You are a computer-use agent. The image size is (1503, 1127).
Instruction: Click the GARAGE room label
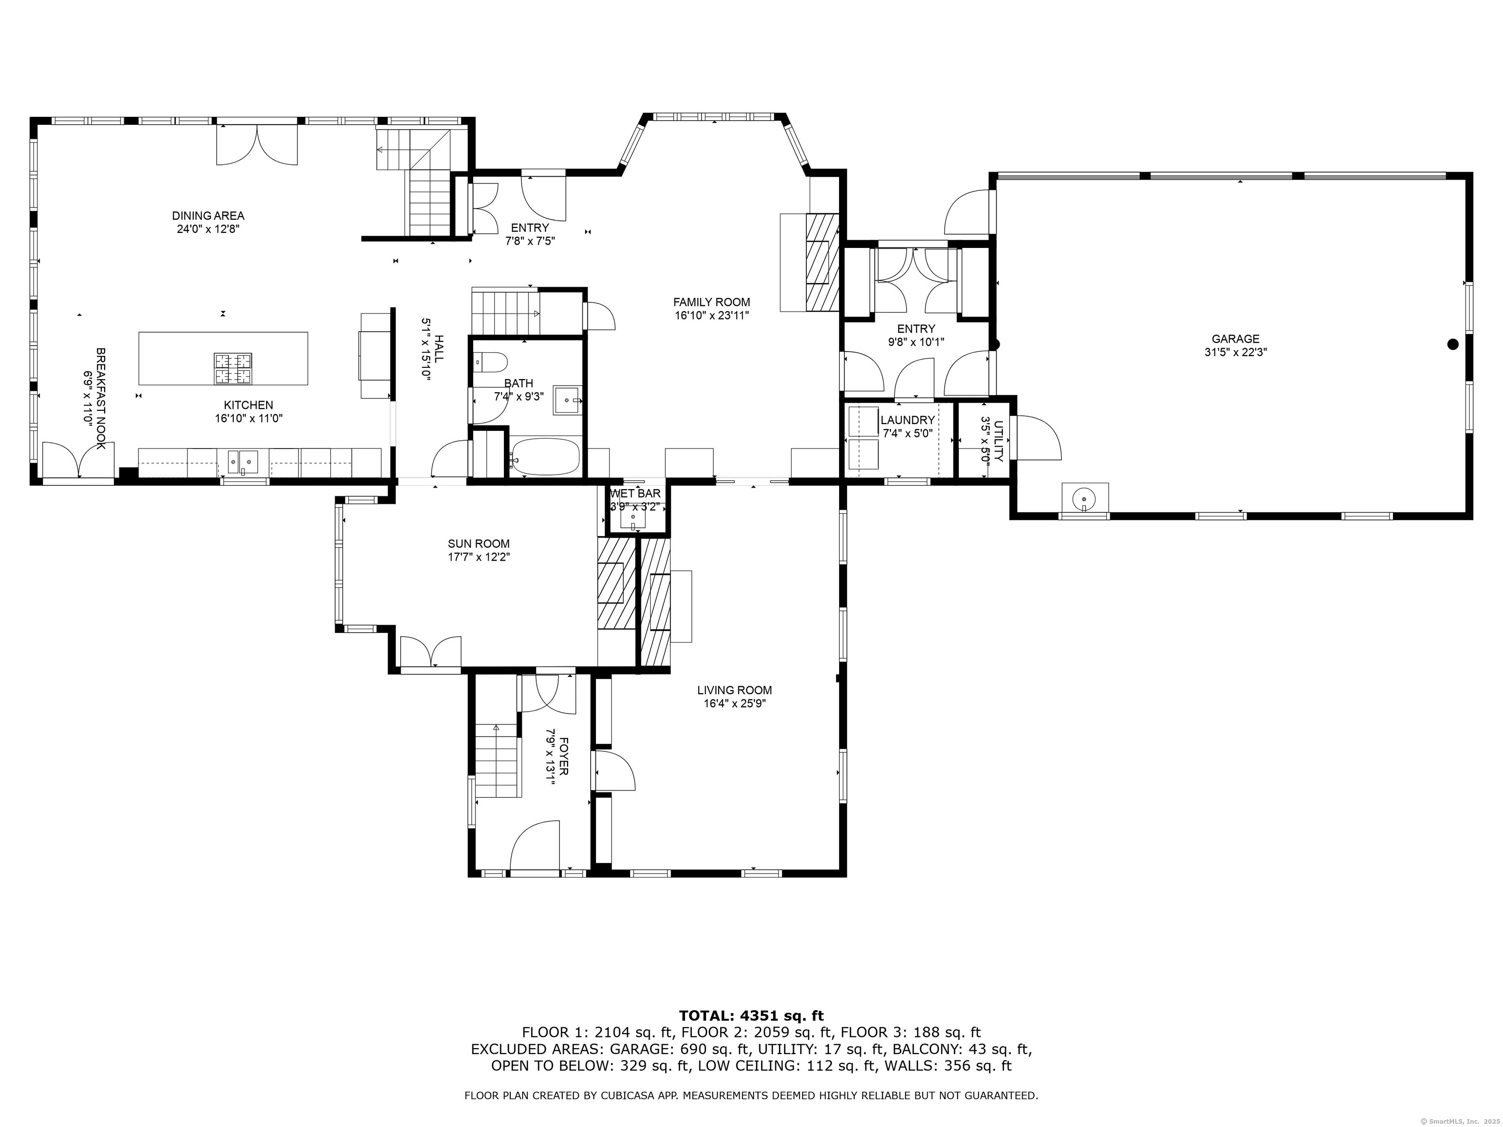[x=1235, y=339]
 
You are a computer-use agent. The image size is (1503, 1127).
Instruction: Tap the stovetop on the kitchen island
[x=232, y=370]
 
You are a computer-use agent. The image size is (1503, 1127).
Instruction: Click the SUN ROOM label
[x=478, y=544]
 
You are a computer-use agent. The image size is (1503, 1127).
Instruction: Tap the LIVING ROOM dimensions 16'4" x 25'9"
[x=734, y=704]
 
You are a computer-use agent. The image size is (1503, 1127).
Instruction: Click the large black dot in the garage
[x=1454, y=344]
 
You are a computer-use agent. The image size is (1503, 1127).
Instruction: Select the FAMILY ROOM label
[x=711, y=302]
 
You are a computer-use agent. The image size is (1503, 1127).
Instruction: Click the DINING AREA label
[x=208, y=216]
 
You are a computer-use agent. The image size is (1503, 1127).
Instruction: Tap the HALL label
[x=440, y=349]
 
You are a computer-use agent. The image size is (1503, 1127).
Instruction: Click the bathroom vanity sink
[x=568, y=400]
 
